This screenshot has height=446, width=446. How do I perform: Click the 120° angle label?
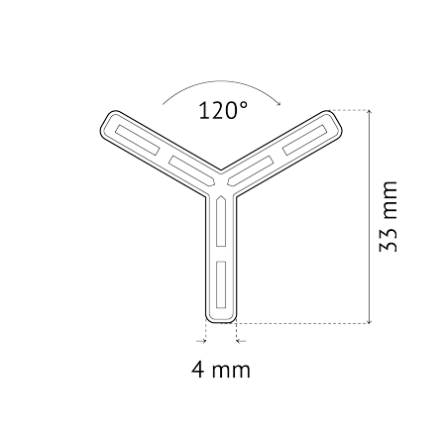(223, 110)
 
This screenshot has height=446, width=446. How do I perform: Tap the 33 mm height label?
(388, 216)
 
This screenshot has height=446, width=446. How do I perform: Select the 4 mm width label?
(221, 370)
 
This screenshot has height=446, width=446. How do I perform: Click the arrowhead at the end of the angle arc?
(279, 103)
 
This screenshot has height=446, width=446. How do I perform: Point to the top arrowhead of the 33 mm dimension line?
(370, 112)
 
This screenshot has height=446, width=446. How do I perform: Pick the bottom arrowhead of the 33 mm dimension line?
(370, 321)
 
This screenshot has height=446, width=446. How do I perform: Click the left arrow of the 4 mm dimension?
(201, 341)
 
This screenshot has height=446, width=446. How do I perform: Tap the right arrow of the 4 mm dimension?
(242, 341)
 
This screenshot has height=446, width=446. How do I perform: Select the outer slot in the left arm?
(138, 140)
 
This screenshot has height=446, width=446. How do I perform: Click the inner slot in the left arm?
(192, 170)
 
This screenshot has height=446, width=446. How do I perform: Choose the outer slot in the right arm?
(304, 140)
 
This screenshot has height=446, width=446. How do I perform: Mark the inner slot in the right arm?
(250, 170)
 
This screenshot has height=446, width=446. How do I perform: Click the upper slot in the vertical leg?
(221, 221)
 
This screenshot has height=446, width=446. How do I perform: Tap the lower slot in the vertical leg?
(221, 285)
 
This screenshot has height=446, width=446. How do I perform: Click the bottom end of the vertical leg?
(221, 322)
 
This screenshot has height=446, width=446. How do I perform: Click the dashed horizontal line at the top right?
(349, 110)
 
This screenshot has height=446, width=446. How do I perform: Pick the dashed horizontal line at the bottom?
(302, 323)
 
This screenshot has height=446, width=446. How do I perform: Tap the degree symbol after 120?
(243, 105)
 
